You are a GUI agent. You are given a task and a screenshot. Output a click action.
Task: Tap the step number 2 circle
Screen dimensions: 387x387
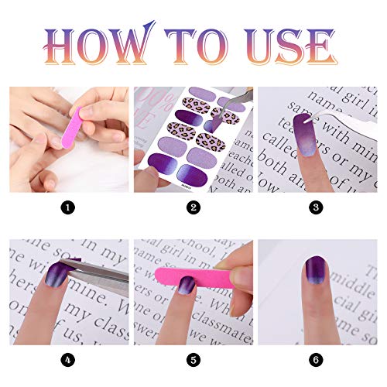[x=193, y=207]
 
